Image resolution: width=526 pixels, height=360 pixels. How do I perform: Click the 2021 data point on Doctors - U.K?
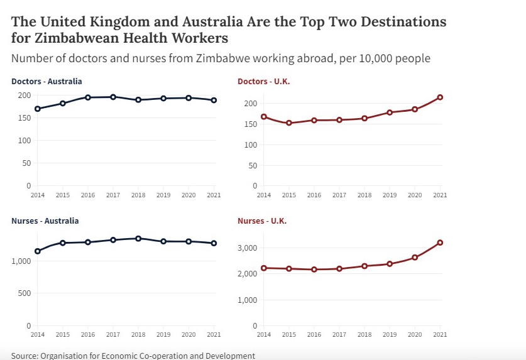[440, 97]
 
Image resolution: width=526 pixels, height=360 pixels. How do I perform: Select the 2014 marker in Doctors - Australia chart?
[38, 109]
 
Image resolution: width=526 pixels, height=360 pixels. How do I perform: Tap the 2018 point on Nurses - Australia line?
[138, 239]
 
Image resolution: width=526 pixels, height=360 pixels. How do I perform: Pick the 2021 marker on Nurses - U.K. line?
[440, 243]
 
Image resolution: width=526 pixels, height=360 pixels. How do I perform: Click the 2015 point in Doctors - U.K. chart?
[289, 123]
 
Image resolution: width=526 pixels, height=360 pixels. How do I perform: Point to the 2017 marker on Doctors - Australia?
[113, 97]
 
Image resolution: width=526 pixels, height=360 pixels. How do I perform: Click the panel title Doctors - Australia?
[47, 81]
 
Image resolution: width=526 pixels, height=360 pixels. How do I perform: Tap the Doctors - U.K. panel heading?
[264, 82]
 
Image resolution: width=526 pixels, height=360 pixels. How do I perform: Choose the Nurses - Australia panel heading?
[45, 221]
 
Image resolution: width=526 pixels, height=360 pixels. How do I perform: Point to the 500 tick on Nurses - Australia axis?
[25, 293]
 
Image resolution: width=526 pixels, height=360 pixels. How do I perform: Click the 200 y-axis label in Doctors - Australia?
[25, 95]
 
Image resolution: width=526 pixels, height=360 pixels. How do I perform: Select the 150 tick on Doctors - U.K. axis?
[251, 124]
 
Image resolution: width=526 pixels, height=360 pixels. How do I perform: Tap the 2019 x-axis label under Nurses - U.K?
[390, 334]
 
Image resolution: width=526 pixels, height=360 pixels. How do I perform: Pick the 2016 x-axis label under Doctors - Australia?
[88, 195]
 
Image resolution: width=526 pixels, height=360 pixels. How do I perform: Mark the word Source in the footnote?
[23, 356]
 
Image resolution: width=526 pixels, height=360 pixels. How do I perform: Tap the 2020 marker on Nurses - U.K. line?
[415, 258]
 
